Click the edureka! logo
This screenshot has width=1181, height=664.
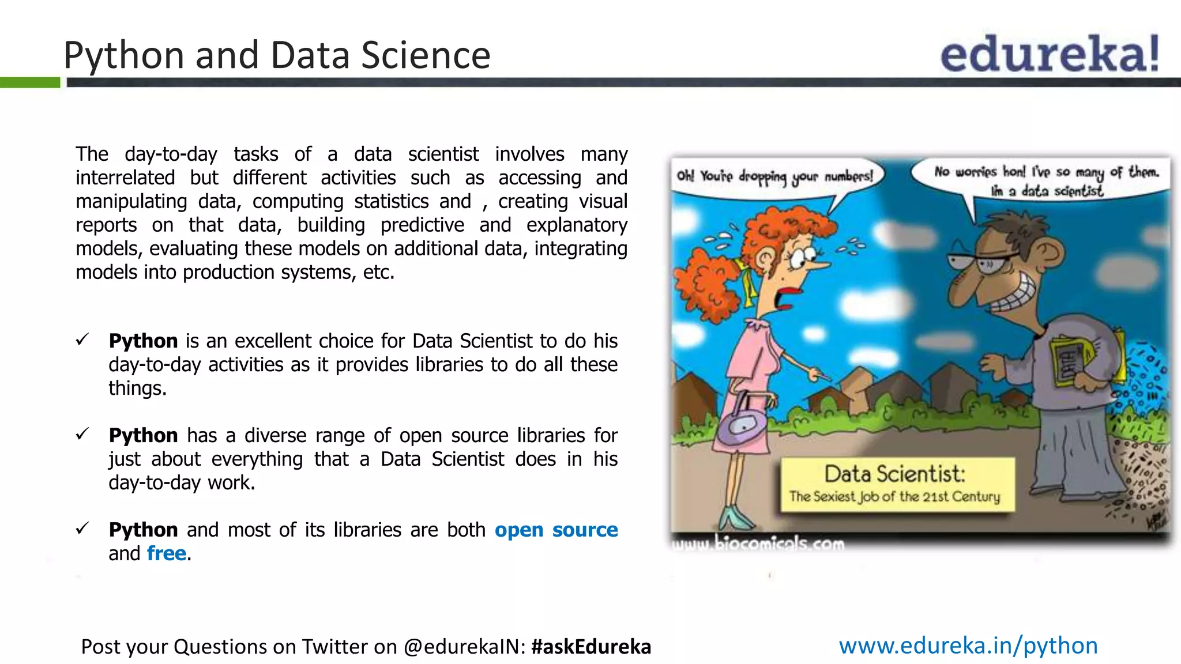point(1050,54)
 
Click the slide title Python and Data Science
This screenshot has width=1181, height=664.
point(277,55)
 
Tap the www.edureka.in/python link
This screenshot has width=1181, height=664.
point(968,646)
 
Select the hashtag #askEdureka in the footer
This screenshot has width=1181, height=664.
point(591,647)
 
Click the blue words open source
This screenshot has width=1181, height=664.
point(556,530)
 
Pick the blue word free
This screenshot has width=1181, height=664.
point(167,553)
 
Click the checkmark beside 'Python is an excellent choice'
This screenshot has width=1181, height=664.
point(82,339)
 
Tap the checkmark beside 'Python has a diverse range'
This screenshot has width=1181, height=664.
point(82,434)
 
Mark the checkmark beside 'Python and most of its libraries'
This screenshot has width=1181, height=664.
point(82,528)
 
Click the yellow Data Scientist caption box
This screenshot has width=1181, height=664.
point(897,485)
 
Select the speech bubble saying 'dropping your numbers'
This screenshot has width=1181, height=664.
point(776,177)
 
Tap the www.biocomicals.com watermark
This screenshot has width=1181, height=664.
point(758,544)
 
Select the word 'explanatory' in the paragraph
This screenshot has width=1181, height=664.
point(576,225)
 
